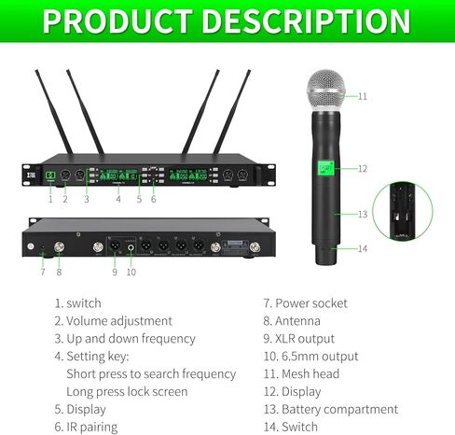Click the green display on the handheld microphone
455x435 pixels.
326,168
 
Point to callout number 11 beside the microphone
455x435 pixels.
363,96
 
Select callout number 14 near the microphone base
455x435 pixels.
363,248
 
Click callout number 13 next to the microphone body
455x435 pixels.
363,214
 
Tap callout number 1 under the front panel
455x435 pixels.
50,199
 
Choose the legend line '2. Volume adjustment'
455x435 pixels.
113,320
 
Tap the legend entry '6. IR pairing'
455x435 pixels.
92,427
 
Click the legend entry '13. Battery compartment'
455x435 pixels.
331,409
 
